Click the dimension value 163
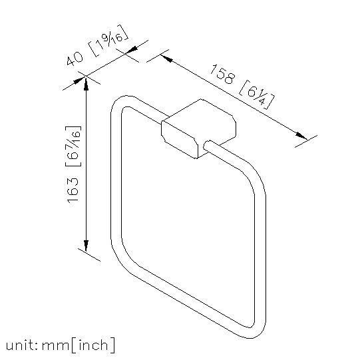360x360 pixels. (x=73, y=190)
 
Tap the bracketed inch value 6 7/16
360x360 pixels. (x=73, y=146)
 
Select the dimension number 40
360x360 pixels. (x=75, y=59)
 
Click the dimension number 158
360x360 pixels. (x=222, y=74)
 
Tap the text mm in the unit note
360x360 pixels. (x=55, y=346)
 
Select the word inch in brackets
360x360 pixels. (x=93, y=345)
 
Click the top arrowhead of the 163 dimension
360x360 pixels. (x=86, y=84)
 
